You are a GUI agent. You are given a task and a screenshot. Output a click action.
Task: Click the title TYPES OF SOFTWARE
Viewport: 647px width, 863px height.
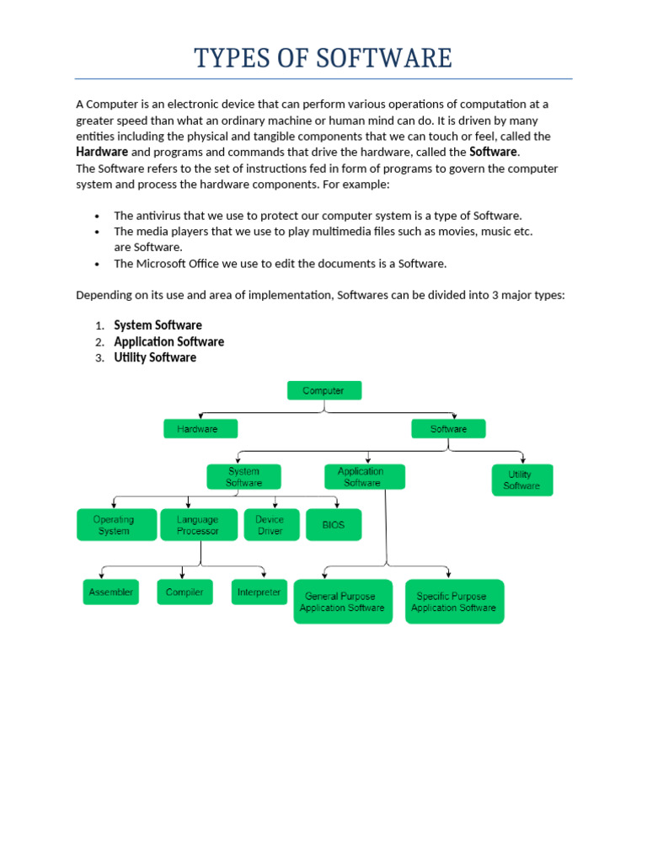click(323, 58)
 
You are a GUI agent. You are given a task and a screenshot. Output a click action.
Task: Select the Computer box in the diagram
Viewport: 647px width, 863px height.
click(324, 390)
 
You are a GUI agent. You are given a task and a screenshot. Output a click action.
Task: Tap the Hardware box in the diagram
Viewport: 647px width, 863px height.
click(201, 429)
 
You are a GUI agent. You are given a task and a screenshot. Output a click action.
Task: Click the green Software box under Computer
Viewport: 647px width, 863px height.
click(449, 429)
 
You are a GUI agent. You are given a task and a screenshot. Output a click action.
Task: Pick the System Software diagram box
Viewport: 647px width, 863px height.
click(243, 477)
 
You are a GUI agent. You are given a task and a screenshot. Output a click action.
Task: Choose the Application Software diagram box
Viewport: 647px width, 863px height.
click(364, 477)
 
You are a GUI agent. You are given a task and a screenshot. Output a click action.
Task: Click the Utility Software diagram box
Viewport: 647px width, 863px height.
click(522, 480)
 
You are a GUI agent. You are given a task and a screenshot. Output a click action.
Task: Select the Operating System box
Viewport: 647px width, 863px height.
click(116, 524)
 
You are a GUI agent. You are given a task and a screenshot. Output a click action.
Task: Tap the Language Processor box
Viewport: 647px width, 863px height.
click(199, 524)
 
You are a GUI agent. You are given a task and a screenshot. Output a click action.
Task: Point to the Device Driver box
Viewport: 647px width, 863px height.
click(271, 524)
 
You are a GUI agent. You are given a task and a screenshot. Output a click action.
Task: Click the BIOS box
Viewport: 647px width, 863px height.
click(334, 524)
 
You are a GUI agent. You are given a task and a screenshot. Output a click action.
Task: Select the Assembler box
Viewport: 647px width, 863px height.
click(111, 592)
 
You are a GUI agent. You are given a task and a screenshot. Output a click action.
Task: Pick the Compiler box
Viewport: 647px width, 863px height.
click(185, 592)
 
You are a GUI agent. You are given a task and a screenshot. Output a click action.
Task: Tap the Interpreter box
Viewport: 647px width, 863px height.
click(259, 592)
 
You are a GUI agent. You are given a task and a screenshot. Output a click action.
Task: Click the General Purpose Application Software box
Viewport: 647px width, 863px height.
click(343, 602)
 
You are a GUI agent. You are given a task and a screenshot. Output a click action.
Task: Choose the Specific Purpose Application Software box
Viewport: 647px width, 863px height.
click(455, 602)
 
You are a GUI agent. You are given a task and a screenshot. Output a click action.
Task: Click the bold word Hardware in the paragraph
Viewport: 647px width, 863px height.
click(102, 152)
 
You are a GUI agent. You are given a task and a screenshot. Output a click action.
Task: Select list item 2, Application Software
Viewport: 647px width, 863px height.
click(168, 341)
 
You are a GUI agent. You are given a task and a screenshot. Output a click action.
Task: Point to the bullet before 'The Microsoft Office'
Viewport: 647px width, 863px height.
click(99, 265)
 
